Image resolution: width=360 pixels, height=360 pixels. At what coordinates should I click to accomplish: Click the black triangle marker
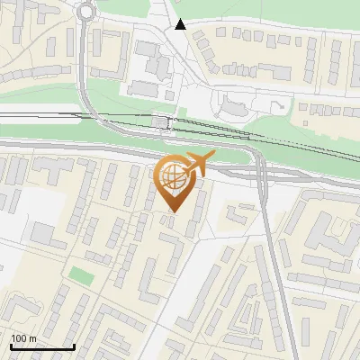[182, 24]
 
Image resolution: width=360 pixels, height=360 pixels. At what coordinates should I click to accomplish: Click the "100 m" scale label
[23, 337]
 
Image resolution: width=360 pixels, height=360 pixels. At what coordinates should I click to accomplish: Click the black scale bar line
[41, 346]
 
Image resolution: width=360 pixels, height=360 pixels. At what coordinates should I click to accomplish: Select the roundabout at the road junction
[86, 12]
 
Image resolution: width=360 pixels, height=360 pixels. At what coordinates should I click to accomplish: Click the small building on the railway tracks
[161, 121]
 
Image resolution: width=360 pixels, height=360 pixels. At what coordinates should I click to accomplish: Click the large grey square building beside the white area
[42, 233]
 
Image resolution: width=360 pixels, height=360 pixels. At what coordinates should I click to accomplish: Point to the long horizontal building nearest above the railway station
[144, 88]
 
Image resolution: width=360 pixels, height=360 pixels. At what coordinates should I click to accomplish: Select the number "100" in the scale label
[19, 337]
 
